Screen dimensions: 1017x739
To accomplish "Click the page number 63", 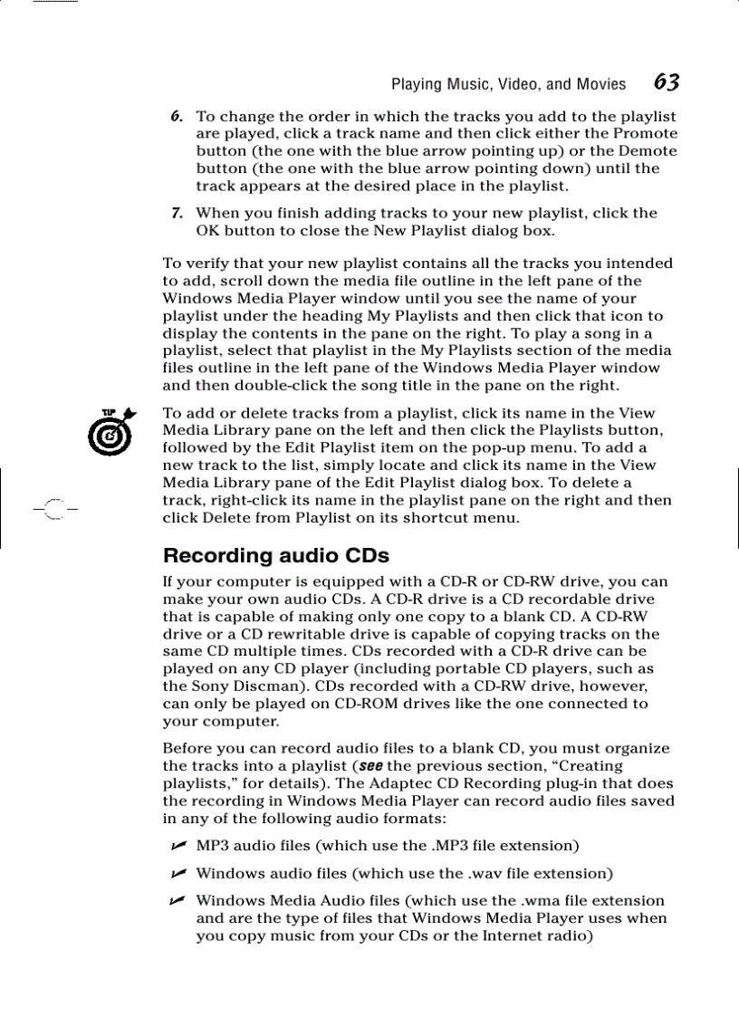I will point(667,82).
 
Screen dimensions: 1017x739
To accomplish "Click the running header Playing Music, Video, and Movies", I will point(508,84).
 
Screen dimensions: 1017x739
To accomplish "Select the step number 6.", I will point(178,116).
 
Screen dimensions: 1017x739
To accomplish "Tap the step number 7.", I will point(178,213).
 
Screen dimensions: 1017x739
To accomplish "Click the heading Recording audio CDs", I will point(275,555).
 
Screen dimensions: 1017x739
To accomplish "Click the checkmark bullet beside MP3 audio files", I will point(178,846).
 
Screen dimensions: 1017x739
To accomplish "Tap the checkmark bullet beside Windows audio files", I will point(178,873).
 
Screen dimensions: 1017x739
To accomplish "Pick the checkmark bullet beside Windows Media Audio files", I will point(178,900).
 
